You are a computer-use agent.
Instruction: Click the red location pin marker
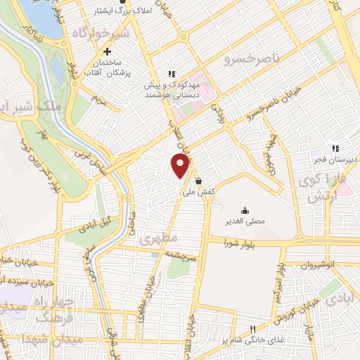[x=181, y=166]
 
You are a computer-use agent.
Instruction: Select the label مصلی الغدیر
[x=245, y=221]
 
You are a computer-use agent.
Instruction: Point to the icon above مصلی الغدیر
[x=245, y=210]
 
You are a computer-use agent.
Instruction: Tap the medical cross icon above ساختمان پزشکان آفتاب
[x=107, y=51]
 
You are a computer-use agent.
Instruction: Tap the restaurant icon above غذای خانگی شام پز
[x=254, y=328]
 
